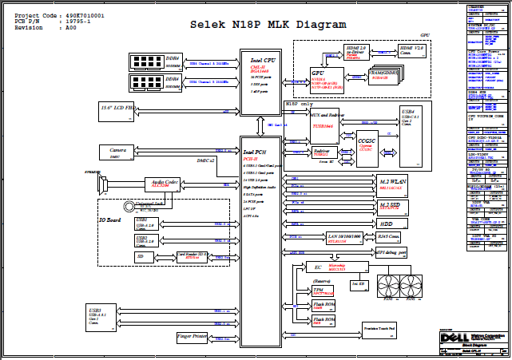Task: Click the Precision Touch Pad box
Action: point(383,329)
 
